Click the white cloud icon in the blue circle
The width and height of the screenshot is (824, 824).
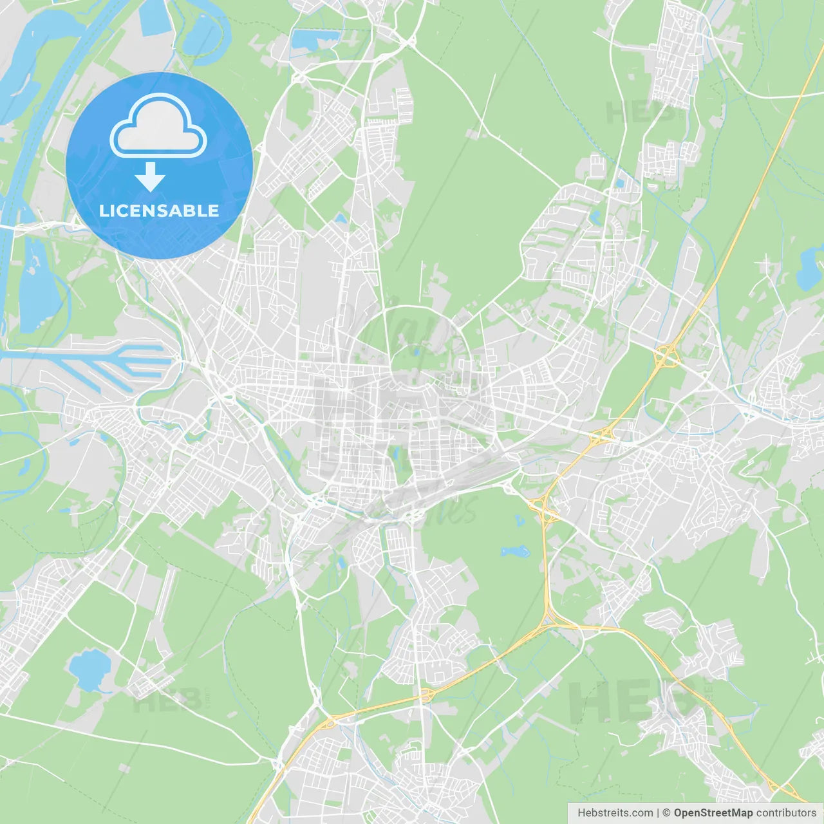click(x=158, y=127)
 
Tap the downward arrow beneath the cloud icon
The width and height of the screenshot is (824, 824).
click(x=150, y=177)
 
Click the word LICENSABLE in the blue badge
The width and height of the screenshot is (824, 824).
click(x=159, y=211)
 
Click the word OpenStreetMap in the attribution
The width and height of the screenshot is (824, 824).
click(x=713, y=813)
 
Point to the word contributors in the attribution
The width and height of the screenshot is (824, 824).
click(x=786, y=813)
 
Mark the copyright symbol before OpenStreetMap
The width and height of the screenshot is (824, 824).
click(x=667, y=813)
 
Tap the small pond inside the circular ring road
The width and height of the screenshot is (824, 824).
click(x=416, y=351)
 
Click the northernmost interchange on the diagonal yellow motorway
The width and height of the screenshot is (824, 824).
click(x=666, y=356)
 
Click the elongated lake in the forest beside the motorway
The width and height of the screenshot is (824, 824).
click(x=515, y=552)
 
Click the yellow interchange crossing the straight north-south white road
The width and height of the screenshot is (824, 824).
click(x=426, y=695)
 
